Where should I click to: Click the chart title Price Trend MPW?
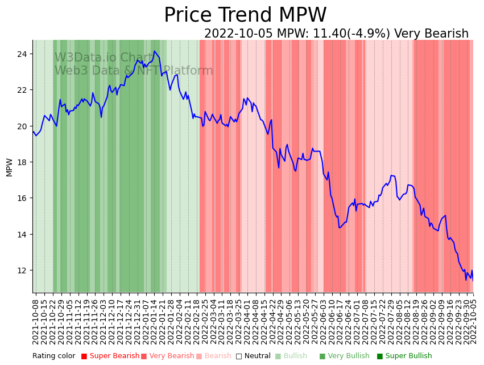point(245,15)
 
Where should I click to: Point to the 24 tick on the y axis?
point(24,54)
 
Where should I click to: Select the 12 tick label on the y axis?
point(24,270)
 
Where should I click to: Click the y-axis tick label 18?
point(24,162)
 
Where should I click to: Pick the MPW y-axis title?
point(9,167)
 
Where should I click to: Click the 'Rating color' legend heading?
point(53,356)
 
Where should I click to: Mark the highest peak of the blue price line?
point(154,51)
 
